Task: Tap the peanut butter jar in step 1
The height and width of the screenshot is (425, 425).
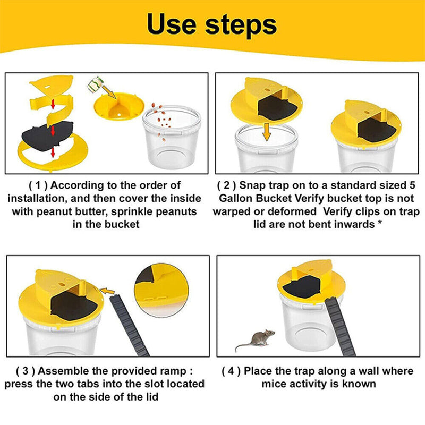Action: point(96,84)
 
